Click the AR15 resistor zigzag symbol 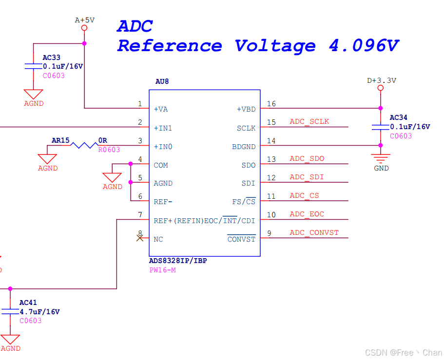coord(83,145)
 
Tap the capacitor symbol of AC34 coord(381,127)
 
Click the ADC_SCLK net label coord(309,122)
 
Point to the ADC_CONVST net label coord(314,233)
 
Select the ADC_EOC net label coord(307,214)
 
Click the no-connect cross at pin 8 coord(140,238)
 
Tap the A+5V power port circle coord(84,28)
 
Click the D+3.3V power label coord(381,81)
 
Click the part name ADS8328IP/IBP coord(178,261)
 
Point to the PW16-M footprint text coord(162,270)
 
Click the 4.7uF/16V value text coord(39,312)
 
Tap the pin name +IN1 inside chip coord(163,128)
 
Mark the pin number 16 coord(271,104)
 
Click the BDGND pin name coord(243,147)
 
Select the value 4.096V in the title coord(364,46)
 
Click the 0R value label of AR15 coord(102,140)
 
